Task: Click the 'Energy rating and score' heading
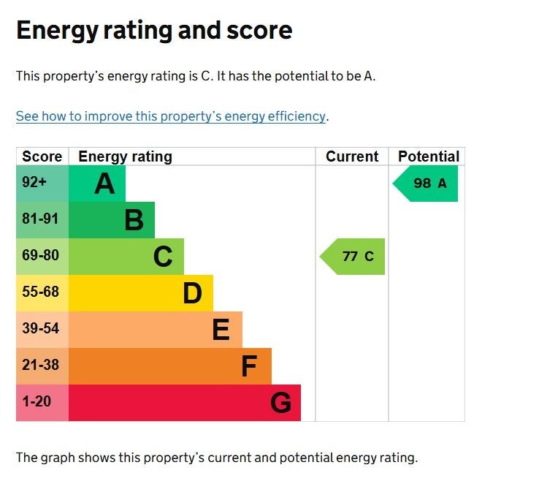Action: pyautogui.click(x=154, y=30)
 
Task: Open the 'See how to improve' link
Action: pyautogui.click(x=171, y=116)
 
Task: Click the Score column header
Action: pyautogui.click(x=42, y=156)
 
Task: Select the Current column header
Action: pyautogui.click(x=352, y=156)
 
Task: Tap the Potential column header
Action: pyautogui.click(x=428, y=156)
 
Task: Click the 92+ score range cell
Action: pyautogui.click(x=34, y=183)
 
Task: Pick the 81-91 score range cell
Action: pyautogui.click(x=40, y=219)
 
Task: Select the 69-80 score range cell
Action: pyautogui.click(x=40, y=256)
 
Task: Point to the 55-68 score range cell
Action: pyautogui.click(x=40, y=292)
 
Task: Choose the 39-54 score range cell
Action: pyautogui.click(x=40, y=329)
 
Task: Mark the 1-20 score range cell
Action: pyautogui.click(x=37, y=402)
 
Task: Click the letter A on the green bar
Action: pyautogui.click(x=104, y=183)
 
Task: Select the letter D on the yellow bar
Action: pyautogui.click(x=192, y=293)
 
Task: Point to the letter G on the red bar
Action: pyautogui.click(x=280, y=403)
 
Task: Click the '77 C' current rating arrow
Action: pyautogui.click(x=353, y=257)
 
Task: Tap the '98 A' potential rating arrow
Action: pyautogui.click(x=426, y=183)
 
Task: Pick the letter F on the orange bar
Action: pyautogui.click(x=249, y=366)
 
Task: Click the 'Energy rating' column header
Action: pyautogui.click(x=125, y=156)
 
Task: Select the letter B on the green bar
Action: pyautogui.click(x=134, y=220)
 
